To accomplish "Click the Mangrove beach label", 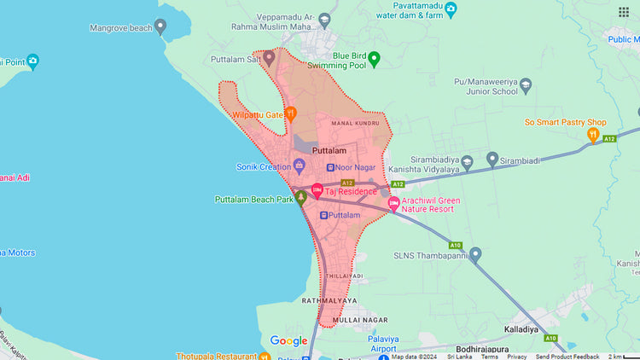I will click(120, 28).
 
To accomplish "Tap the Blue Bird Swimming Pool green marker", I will click(374, 59).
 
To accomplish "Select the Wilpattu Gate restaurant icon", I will click(291, 113).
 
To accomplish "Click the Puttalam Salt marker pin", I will click(269, 58).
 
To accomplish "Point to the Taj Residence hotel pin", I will click(317, 190).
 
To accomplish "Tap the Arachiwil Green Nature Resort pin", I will click(393, 203).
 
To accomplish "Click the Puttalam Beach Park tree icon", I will click(300, 198).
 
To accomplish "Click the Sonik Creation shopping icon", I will click(300, 165).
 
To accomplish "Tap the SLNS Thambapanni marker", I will click(475, 253).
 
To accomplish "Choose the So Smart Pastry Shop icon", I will click(593, 135).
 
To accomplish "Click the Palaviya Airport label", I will click(371, 343).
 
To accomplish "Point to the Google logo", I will click(288, 340).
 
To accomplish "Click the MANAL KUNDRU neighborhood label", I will click(354, 124).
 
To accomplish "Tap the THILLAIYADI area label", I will click(345, 276).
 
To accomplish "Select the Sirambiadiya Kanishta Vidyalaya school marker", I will click(492, 159).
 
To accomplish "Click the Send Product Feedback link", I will click(567, 357).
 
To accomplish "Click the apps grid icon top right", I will click(624, 12).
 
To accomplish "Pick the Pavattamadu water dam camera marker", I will click(451, 9).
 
